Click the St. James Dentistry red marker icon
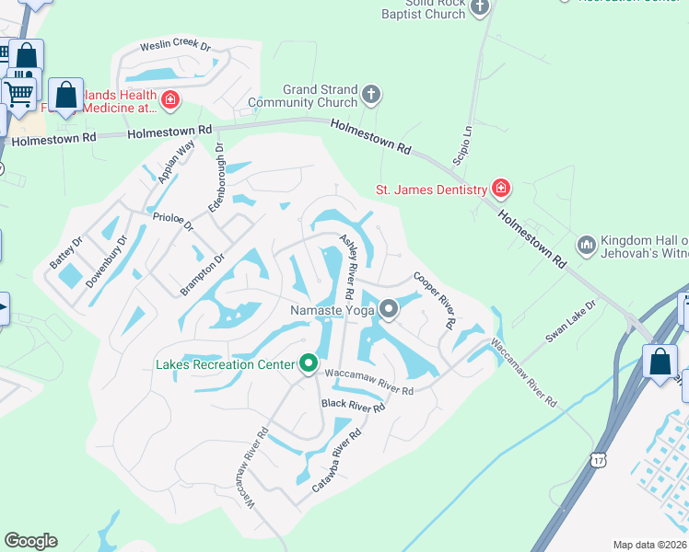point(500,190)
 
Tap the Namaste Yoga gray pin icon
point(389,310)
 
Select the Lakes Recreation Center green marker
point(309,364)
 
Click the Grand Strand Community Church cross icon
point(371,94)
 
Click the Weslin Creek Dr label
point(175,46)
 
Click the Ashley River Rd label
point(347,267)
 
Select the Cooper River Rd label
point(434,301)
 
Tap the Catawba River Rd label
point(333,464)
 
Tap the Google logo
point(30,541)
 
